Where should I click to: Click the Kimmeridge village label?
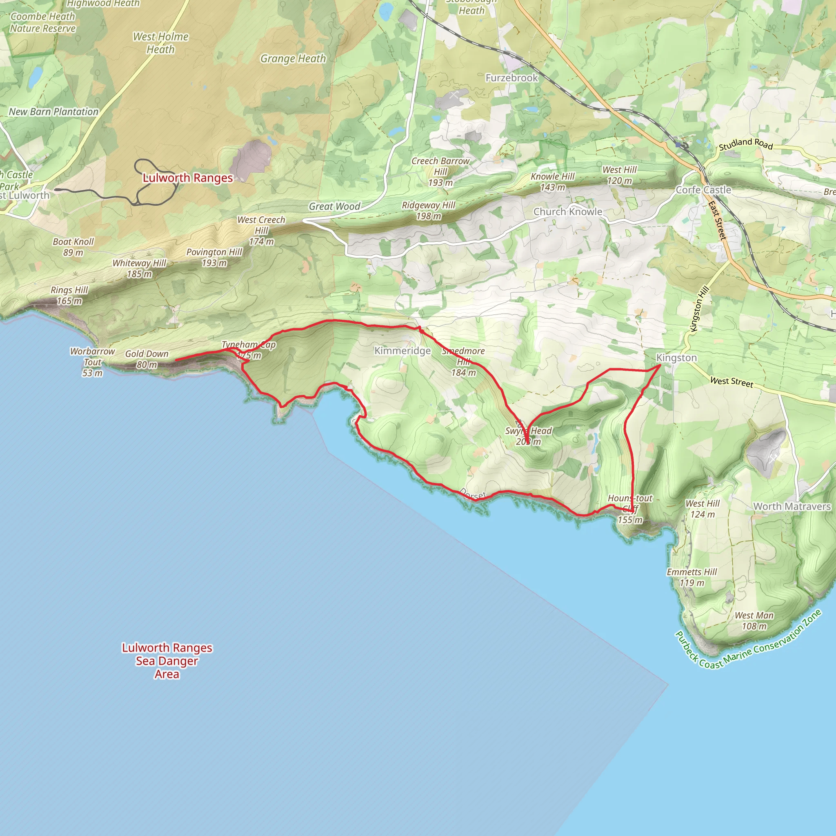click(402, 351)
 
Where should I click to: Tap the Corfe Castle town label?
click(703, 190)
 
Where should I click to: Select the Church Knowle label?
click(567, 211)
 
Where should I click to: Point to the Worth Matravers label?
click(792, 506)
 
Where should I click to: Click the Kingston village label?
click(676, 358)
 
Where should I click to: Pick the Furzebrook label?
click(511, 78)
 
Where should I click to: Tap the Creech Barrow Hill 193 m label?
click(440, 172)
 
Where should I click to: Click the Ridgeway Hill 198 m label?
click(428, 210)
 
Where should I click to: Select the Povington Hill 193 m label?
click(214, 257)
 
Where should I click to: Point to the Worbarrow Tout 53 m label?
click(92, 362)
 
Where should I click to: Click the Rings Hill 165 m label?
click(69, 295)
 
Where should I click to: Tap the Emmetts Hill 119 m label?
click(691, 577)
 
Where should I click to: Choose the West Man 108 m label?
click(754, 620)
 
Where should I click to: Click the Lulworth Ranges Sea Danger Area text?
click(167, 661)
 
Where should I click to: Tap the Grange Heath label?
click(293, 59)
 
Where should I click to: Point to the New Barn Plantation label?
click(53, 111)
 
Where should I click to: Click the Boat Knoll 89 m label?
click(73, 247)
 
